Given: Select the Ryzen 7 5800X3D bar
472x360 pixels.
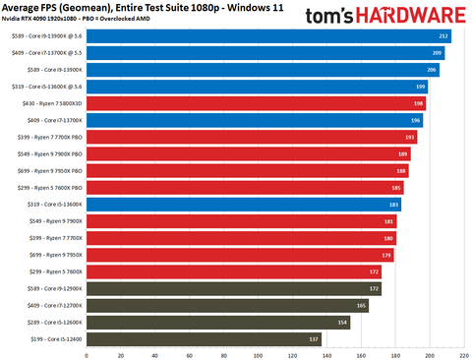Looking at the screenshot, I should [x=257, y=102].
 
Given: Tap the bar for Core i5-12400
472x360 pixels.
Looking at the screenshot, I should [x=205, y=338].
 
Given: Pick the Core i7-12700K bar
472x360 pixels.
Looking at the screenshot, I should [x=228, y=305].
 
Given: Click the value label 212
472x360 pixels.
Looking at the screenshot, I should [x=444, y=35].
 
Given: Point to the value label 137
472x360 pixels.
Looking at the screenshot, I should [x=315, y=338].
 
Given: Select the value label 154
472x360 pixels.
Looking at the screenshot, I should [x=343, y=322].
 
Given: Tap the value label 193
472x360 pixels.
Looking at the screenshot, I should [x=410, y=137].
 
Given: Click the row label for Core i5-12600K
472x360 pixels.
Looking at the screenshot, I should [x=50, y=322].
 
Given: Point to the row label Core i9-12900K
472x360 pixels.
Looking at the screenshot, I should [x=50, y=288].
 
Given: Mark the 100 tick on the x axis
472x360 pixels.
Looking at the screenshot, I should [x=258, y=353].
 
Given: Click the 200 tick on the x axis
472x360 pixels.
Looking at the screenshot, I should [x=429, y=353].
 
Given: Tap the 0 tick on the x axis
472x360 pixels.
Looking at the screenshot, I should [x=87, y=353].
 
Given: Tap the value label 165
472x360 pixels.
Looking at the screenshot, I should [x=362, y=305].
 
